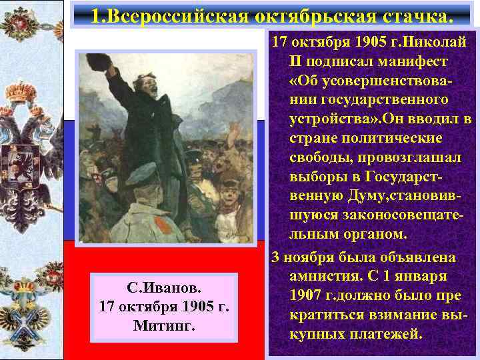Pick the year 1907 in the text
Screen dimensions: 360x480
[x=307, y=293]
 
